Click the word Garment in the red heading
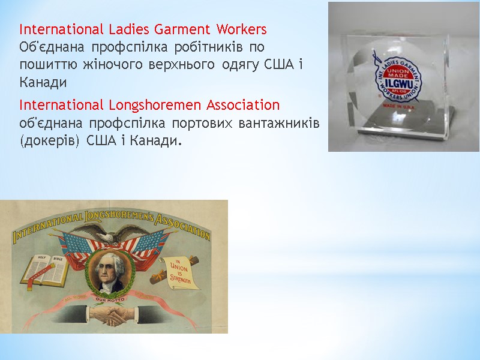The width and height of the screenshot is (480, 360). pyautogui.click(x=182, y=29)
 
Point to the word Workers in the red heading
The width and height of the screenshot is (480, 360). pyautogui.click(x=240, y=29)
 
